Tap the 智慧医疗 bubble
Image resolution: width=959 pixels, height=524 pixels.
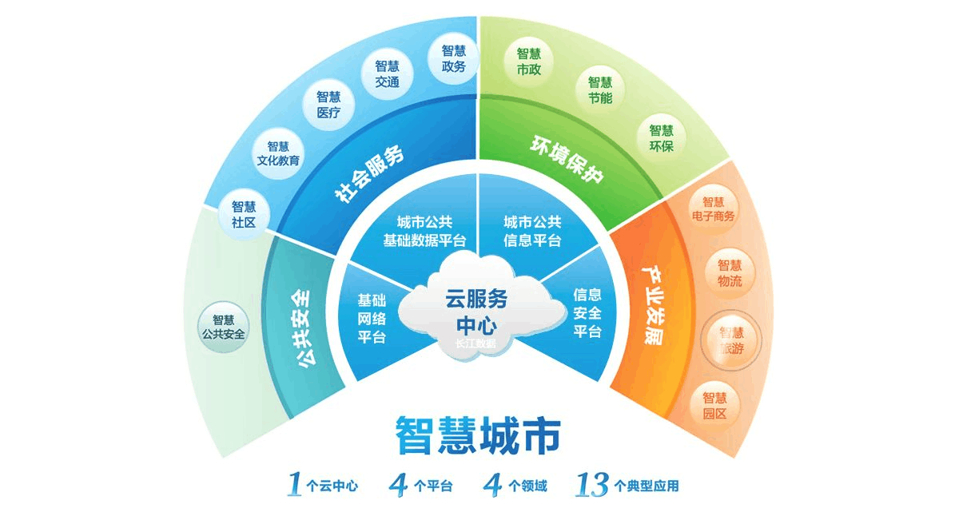click(328, 105)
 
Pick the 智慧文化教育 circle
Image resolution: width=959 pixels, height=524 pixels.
click(278, 153)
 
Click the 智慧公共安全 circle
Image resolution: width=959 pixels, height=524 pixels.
click(223, 326)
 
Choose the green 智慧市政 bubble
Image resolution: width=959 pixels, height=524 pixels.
click(528, 62)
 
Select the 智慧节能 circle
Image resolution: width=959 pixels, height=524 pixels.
click(599, 90)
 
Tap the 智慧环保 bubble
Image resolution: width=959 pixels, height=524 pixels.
click(661, 138)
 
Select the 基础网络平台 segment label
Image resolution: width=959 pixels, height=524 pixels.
click(372, 318)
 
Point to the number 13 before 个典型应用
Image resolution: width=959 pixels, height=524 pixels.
click(592, 483)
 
